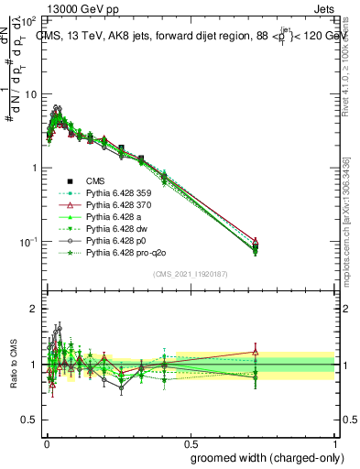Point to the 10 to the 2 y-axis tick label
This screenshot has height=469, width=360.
pyautogui.click(x=29, y=20)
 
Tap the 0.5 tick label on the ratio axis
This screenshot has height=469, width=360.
pyautogui.click(x=29, y=420)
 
